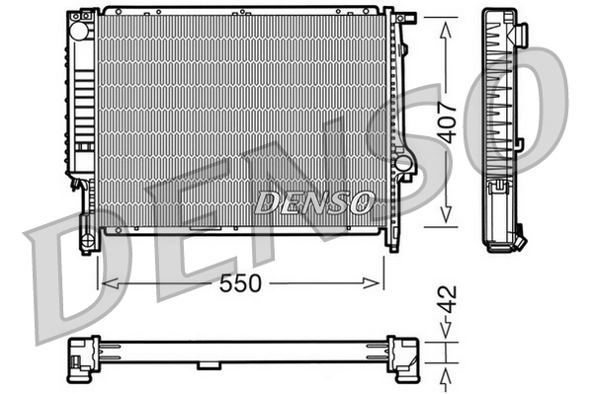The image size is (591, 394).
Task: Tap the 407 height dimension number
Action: coord(448,121)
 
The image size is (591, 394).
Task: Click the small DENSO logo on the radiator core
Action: coord(314,201)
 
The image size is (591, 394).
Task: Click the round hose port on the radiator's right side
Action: coord(402,161)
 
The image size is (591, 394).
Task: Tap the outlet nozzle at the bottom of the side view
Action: coord(517,239)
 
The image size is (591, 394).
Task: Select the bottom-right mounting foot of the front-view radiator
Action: coord(392,240)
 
